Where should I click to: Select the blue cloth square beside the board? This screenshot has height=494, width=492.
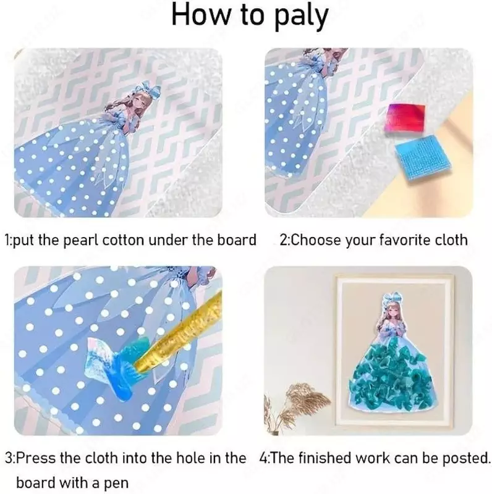pos(423,159)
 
